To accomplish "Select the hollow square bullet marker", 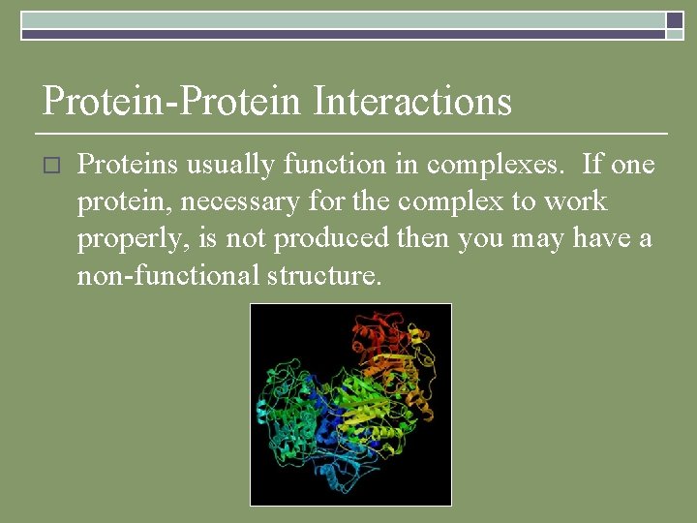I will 51,167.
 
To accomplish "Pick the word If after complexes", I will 593,166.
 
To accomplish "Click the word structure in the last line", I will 324,276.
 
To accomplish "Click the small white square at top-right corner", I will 674,19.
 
